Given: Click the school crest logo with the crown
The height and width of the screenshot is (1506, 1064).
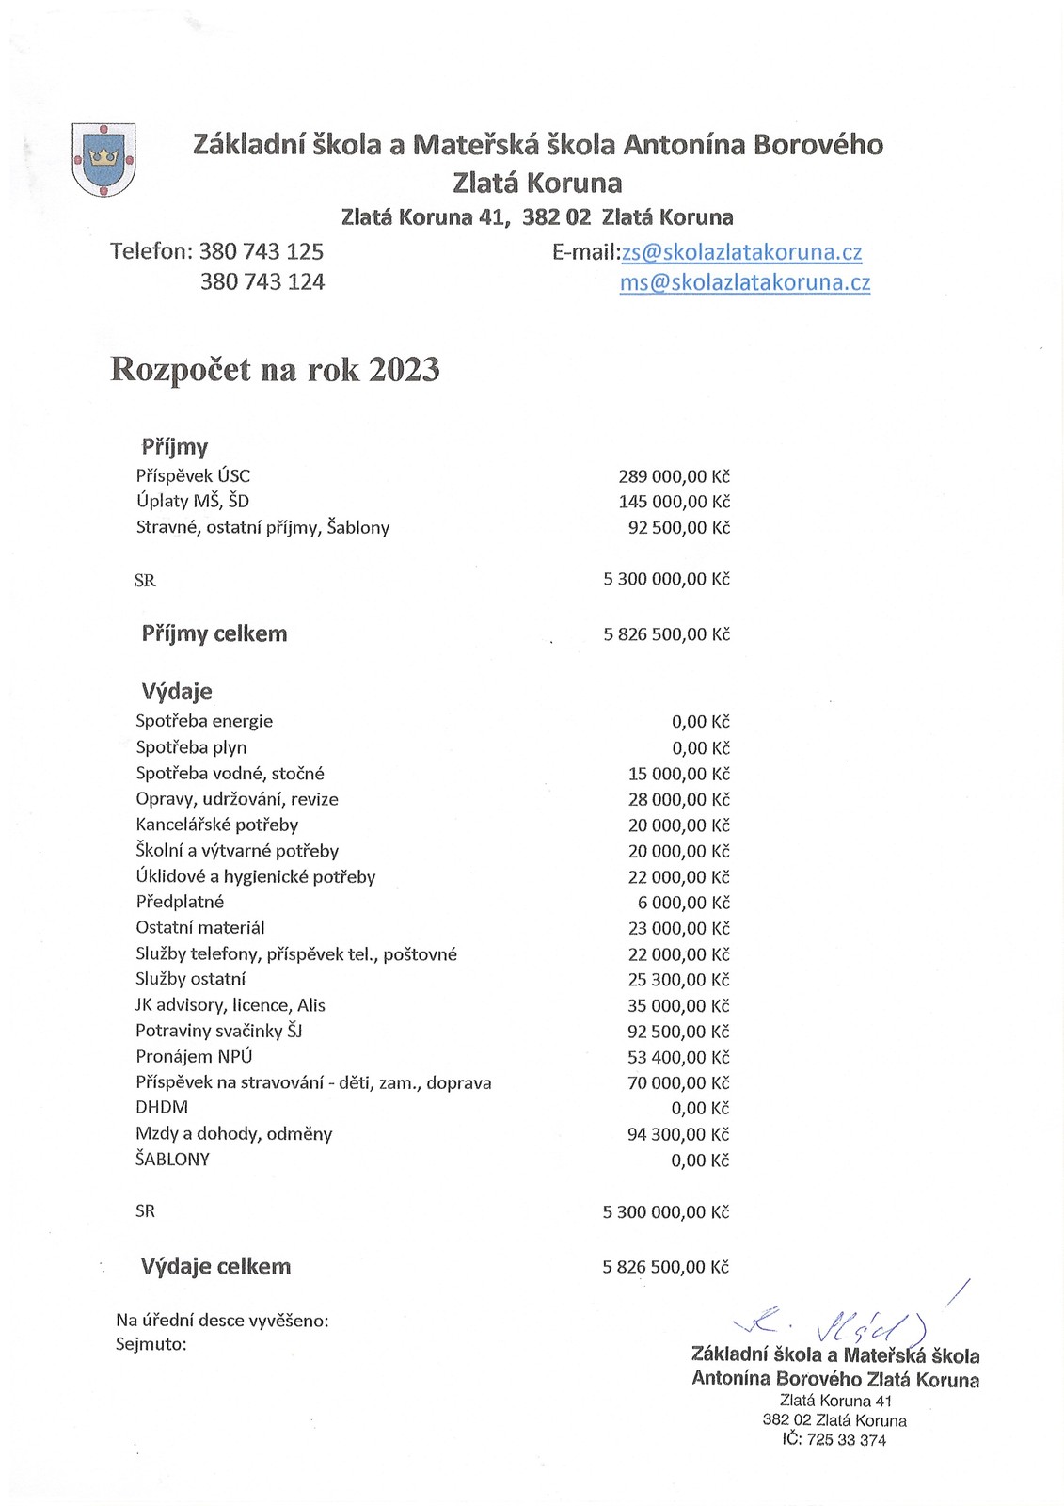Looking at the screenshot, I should (x=103, y=159).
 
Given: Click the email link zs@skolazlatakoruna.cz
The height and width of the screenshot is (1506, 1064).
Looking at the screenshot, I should (x=741, y=252).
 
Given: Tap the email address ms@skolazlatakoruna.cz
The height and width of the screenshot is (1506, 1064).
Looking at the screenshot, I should (x=744, y=282).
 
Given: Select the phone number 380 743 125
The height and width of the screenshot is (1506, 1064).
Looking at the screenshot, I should (x=261, y=251).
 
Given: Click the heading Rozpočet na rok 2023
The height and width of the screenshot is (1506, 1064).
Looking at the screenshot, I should (x=275, y=369).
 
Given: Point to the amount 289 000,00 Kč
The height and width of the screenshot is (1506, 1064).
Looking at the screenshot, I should (x=674, y=476).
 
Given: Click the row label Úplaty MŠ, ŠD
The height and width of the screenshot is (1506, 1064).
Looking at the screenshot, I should (x=193, y=501).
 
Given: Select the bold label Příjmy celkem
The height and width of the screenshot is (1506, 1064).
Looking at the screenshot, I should (x=214, y=633).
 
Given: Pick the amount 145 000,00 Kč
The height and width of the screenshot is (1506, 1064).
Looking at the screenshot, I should (x=674, y=502).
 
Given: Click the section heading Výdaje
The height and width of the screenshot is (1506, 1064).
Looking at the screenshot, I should (x=177, y=692).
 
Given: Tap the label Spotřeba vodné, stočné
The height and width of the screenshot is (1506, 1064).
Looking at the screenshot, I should (x=230, y=774).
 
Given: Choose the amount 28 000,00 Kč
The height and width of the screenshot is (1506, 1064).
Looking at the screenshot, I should (x=678, y=799).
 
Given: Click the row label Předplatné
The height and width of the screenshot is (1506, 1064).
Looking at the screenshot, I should (x=180, y=902).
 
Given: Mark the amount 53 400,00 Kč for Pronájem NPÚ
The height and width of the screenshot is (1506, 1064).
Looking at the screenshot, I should (x=678, y=1058).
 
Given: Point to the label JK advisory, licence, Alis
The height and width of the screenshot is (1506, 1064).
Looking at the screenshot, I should (x=230, y=1005).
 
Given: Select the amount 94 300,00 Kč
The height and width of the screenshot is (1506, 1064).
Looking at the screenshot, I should (x=678, y=1135).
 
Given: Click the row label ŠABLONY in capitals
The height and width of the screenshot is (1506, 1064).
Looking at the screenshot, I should (x=172, y=1160).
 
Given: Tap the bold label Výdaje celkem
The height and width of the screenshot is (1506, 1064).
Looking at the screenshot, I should (x=215, y=1267).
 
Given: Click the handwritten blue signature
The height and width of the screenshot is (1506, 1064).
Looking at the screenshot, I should (x=837, y=1323).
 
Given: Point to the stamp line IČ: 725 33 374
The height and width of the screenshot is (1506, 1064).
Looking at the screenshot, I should (x=834, y=1440).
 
